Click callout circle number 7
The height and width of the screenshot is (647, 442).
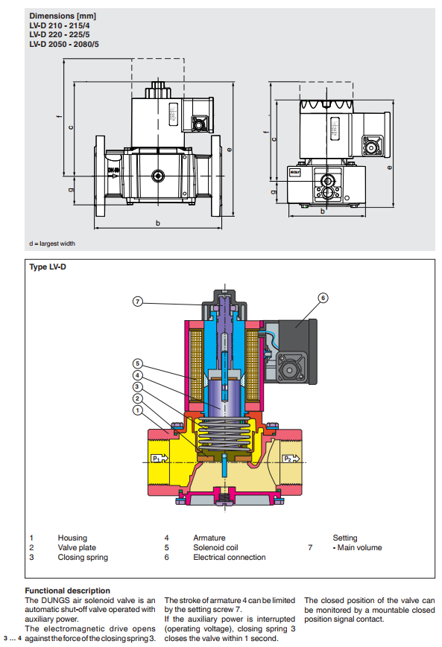pyautogui.click(x=138, y=302)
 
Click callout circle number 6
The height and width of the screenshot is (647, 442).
pyautogui.click(x=323, y=298)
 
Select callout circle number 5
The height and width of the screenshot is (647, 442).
pyautogui.click(x=138, y=363)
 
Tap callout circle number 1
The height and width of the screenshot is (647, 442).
pyautogui.click(x=138, y=410)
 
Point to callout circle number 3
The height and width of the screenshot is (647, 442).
pyautogui.click(x=138, y=386)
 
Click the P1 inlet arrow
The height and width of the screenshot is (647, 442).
pyautogui.click(x=160, y=458)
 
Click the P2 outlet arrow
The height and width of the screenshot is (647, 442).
pyautogui.click(x=291, y=459)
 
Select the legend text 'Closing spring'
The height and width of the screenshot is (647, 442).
pyautogui.click(x=83, y=557)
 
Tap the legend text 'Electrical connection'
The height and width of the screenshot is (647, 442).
pyautogui.click(x=230, y=557)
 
